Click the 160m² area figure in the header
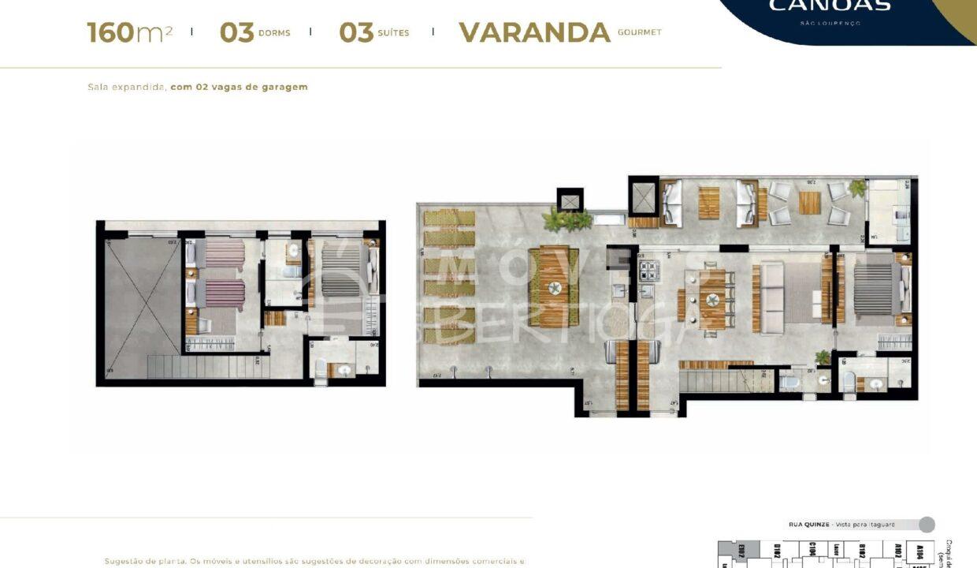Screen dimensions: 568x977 [x=129, y=32]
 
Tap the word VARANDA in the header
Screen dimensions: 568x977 [x=534, y=32]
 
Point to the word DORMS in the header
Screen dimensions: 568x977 [x=274, y=33]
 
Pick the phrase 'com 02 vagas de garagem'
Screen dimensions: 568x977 [x=239, y=87]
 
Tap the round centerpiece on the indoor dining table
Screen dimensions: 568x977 [x=712, y=299]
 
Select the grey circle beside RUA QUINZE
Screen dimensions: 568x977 [x=927, y=525]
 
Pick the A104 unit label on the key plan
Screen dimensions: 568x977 [x=919, y=551]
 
